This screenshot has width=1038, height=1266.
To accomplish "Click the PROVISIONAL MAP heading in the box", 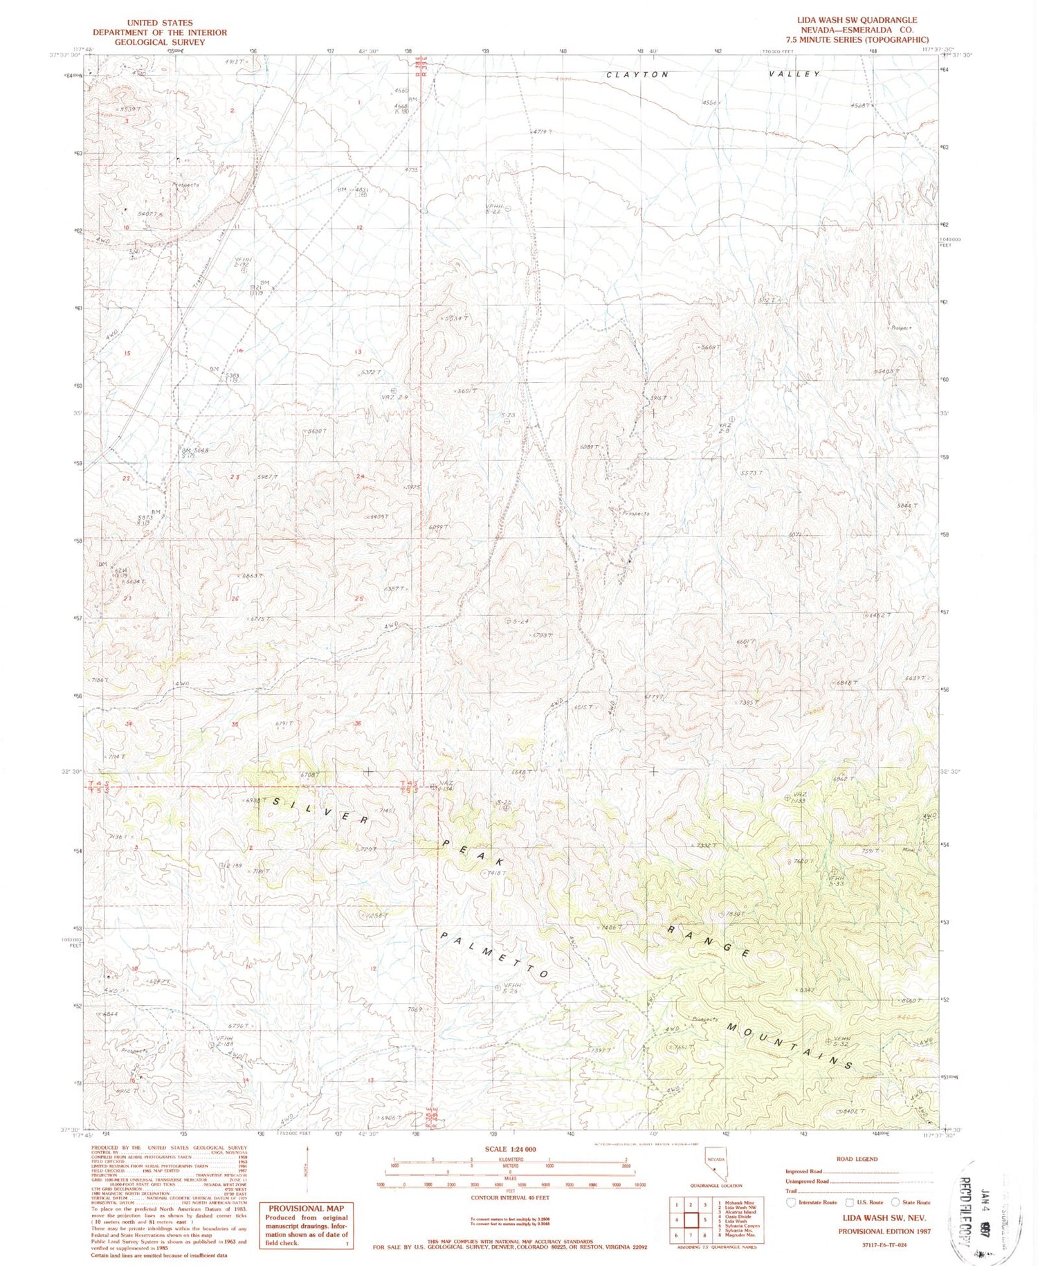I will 306,1209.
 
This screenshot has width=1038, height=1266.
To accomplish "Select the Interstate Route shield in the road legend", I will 792,1202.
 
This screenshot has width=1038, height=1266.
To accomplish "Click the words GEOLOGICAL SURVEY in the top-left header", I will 160,42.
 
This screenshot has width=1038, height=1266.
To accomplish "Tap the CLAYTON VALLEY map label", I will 713,74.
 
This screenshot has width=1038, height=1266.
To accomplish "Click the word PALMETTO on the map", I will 495,955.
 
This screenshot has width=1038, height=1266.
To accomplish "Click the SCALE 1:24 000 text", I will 510,1149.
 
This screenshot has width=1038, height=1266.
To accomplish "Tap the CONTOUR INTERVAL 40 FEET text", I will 510,1197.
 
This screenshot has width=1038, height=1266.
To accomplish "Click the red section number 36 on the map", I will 358,724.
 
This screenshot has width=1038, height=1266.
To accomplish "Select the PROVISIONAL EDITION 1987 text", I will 884,1231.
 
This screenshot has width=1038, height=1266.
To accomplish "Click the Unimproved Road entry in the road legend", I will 807,1182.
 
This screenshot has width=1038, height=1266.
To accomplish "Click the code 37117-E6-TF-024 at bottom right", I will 883,1244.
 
